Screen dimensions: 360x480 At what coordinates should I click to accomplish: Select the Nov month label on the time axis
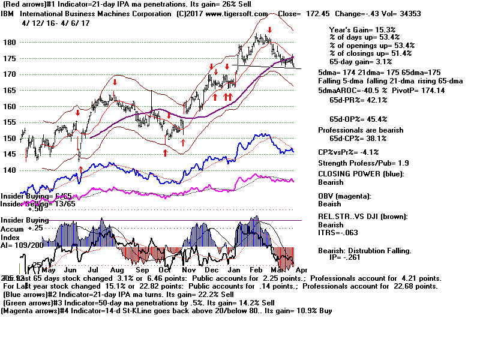[190, 271]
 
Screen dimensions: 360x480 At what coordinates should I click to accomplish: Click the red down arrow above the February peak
[270, 29]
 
